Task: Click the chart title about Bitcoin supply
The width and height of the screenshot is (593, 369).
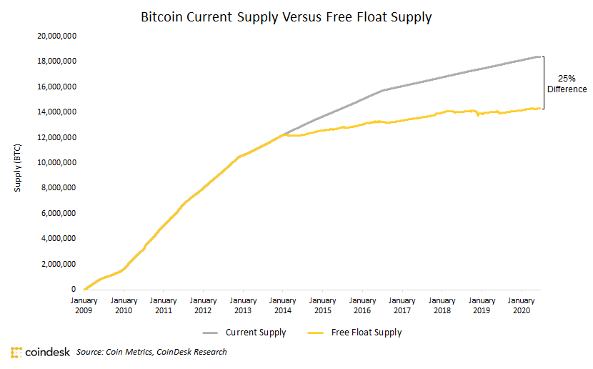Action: tap(286, 16)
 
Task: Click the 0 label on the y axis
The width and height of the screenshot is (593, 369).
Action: tap(74, 289)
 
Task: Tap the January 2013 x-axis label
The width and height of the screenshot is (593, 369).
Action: tap(244, 305)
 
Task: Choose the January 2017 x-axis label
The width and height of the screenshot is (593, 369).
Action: tap(402, 305)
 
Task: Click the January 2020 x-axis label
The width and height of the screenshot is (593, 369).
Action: tap(522, 305)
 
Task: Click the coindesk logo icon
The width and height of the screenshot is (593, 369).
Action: tap(16, 353)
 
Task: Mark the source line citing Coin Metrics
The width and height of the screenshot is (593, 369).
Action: tap(151, 352)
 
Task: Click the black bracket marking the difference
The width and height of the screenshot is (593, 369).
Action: tap(544, 82)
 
